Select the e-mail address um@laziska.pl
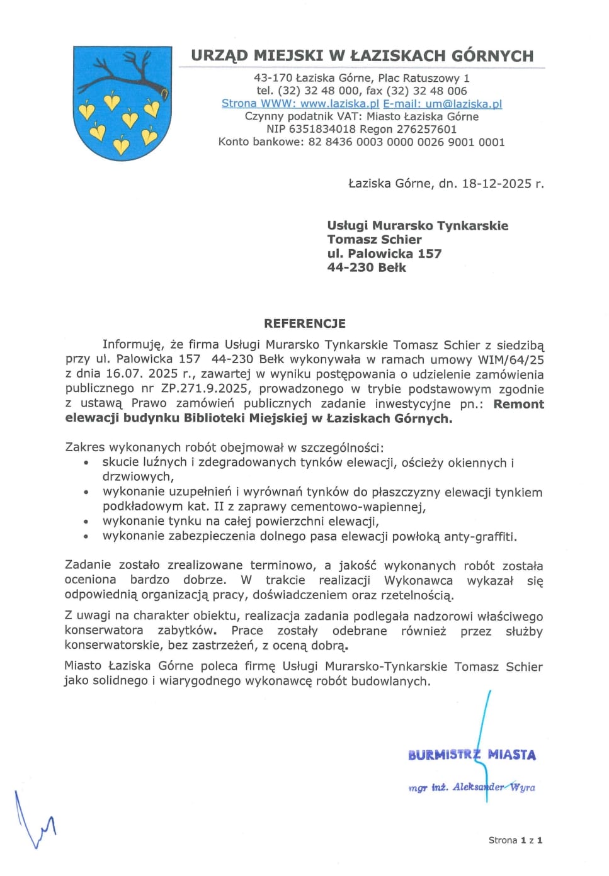tap(464, 104)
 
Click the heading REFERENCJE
tap(305, 323)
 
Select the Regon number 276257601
tap(425, 129)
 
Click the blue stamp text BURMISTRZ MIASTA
tap(472, 755)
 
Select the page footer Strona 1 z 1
tap(515, 840)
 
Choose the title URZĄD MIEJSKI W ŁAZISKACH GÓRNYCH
tap(362, 55)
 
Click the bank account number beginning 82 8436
tap(406, 142)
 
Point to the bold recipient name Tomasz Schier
tap(374, 239)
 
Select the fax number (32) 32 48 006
tap(426, 91)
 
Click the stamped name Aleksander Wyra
tap(494, 787)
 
